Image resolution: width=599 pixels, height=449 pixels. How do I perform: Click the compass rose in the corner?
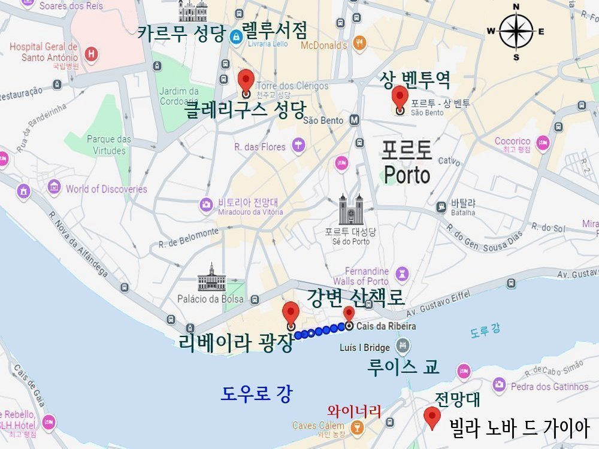516,31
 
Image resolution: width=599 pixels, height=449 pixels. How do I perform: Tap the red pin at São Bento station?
400,98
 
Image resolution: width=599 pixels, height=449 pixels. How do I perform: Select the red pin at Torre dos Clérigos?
246,81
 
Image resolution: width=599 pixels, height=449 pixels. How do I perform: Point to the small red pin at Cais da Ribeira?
349,315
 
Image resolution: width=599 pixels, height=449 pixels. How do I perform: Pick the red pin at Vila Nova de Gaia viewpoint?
431,417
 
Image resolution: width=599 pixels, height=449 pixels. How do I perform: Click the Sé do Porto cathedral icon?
351,210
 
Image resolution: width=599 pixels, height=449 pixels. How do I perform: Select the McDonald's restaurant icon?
359,43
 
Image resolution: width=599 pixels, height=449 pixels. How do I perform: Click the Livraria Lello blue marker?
235,36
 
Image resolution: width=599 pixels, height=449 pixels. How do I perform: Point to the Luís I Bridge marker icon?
403,346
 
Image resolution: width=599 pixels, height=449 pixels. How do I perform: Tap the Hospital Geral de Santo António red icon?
91,54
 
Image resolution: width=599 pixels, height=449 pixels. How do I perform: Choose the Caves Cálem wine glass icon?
356,427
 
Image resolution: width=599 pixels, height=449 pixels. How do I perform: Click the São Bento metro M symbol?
355,120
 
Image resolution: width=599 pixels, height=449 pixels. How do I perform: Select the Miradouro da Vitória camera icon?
206,205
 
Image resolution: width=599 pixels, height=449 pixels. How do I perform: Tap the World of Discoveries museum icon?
55,187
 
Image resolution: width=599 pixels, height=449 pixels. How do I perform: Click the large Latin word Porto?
407,175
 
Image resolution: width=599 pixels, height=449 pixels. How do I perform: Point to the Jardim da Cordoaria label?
179,96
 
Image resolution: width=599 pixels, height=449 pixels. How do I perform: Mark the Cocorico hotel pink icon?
543,143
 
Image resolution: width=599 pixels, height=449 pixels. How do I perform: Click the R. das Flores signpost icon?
298,145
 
